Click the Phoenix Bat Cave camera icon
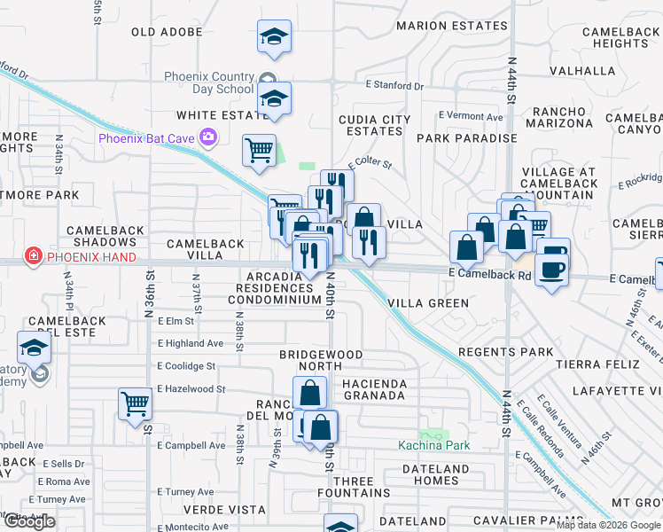tap(208, 137)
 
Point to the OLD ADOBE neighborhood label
tap(167, 32)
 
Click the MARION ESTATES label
tap(451, 26)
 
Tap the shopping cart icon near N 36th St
tap(136, 404)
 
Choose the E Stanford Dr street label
tap(394, 86)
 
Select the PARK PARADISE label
tap(466, 138)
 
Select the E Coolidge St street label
tap(186, 366)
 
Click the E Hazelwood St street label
tap(191, 389)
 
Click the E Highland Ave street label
tap(191, 343)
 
